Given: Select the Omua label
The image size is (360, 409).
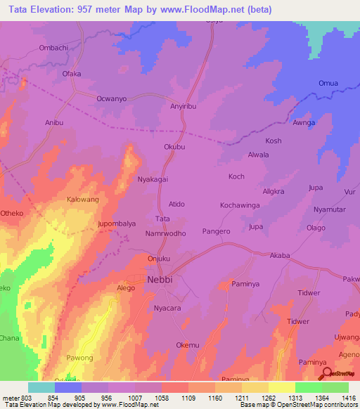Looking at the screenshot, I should point(329,84).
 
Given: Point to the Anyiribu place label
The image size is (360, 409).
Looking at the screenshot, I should point(186,108).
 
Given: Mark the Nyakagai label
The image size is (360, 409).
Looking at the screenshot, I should point(153,179).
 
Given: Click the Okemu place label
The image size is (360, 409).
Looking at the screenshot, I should point(188,345).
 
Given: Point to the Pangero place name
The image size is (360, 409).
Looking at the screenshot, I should point(217,231).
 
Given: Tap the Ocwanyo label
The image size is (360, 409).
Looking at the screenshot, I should point(111,99).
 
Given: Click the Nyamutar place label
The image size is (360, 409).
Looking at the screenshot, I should point(329,209).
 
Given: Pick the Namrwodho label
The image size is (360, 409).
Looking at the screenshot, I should point(165,233).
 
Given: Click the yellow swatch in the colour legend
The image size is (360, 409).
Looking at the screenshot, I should point(282,387).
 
